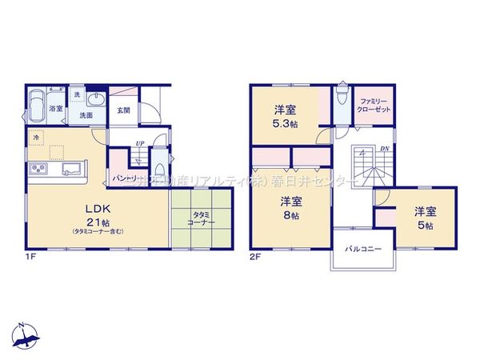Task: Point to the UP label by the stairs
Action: coord(141,144)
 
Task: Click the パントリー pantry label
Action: coord(126,178)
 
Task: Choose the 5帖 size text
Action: coord(425,227)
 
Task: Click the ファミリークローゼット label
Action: coord(374,104)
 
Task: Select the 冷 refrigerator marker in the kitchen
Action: coord(36,138)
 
